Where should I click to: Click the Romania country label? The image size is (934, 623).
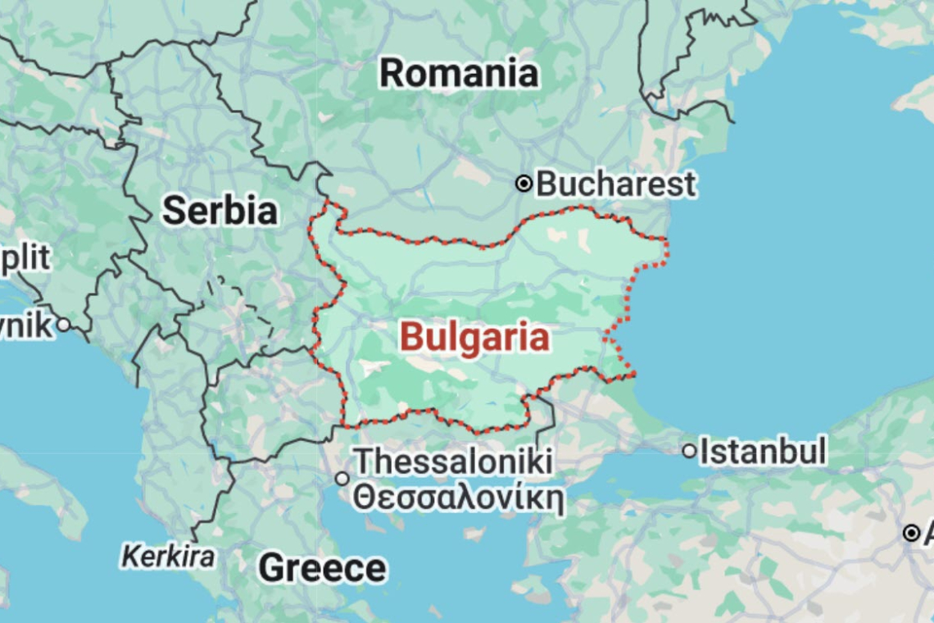coord(459,74)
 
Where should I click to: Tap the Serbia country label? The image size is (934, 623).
coord(220,211)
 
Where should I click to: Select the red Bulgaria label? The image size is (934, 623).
coord(474,337)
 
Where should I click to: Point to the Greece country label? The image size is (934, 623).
coord(322,568)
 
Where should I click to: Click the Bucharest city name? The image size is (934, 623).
coord(615,184)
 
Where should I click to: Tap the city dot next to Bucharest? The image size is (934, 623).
coord(524,184)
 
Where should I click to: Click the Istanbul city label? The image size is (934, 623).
coord(763,451)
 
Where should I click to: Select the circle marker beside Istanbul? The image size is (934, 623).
coord(690,451)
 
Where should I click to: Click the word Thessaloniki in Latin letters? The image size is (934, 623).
coord(453,461)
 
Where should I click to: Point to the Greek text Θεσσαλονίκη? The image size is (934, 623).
coord(459,498)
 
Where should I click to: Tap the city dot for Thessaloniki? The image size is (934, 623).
coord(342,479)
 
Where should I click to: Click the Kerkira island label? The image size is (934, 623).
coord(168,557)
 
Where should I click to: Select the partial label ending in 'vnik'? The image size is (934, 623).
coord(25,325)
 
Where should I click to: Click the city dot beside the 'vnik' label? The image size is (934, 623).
coord(62,325)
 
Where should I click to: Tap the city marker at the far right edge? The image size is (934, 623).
coord(910,534)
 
